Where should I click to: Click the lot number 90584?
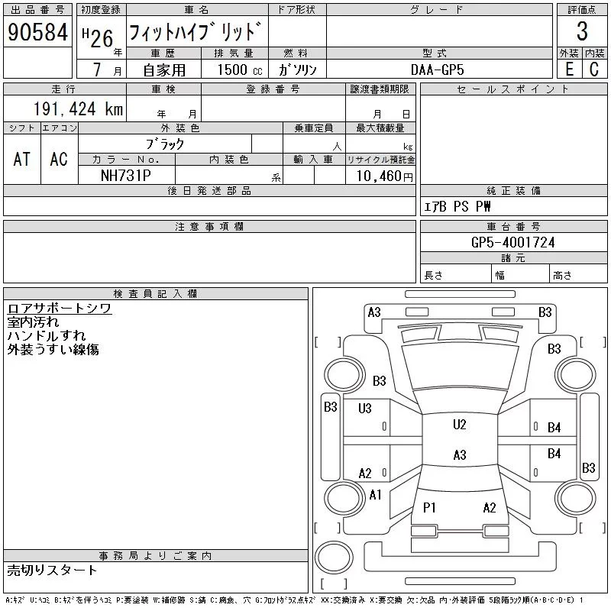tap(38, 33)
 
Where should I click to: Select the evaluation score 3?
tap(582, 32)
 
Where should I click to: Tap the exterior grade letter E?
tap(569, 69)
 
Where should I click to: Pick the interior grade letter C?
tap(594, 69)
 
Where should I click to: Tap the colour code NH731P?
tap(126, 176)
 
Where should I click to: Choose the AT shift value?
tap(22, 159)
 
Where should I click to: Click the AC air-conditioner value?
tap(59, 159)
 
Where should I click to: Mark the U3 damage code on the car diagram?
tap(364, 409)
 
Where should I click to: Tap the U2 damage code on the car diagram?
tap(459, 425)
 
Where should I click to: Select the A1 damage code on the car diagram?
tap(374, 495)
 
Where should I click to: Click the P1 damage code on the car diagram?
tap(429, 507)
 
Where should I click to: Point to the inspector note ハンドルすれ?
tap(47, 336)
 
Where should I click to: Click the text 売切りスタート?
tap(52, 570)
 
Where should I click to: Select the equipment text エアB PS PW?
tap(457, 207)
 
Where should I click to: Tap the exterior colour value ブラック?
tap(165, 143)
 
